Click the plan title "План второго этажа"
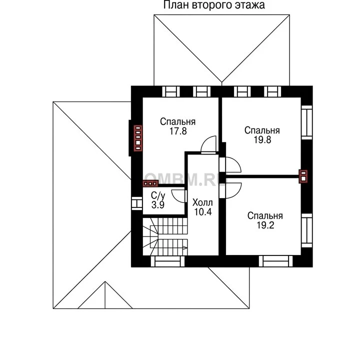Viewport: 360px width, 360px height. click(x=214, y=5)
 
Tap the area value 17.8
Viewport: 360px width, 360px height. click(x=178, y=131)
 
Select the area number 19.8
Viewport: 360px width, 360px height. click(x=262, y=139)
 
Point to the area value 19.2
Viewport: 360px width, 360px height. click(x=265, y=225)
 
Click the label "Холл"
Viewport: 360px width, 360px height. click(x=202, y=202)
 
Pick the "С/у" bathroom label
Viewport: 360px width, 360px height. click(x=158, y=195)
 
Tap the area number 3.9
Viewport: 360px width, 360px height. click(x=158, y=204)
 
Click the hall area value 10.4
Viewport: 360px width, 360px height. click(x=203, y=211)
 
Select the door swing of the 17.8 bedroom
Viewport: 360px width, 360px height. click(x=208, y=144)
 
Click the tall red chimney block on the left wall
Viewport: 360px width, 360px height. click(x=138, y=138)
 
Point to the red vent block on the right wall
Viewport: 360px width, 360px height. click(x=303, y=176)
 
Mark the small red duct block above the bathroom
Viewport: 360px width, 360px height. click(x=150, y=183)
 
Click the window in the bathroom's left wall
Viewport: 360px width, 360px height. click(x=137, y=203)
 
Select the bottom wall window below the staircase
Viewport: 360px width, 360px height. click(x=168, y=261)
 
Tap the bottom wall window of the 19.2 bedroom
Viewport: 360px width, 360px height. click(x=275, y=261)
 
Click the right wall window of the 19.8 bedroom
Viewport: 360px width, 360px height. click(x=307, y=122)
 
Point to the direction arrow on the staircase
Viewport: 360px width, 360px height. click(x=185, y=247)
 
